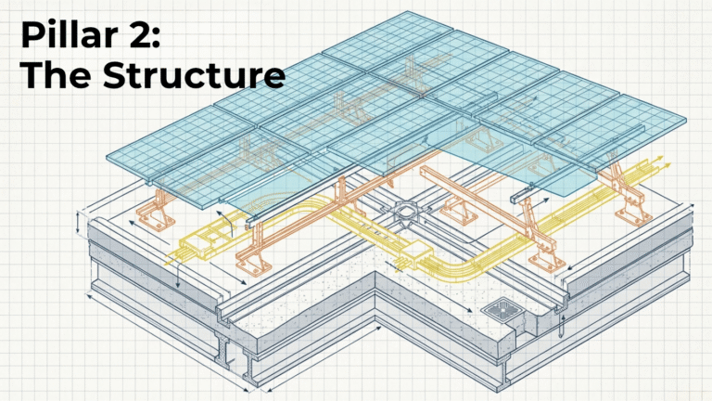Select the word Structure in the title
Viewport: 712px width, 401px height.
point(194,74)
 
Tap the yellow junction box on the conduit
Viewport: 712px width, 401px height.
point(418,253)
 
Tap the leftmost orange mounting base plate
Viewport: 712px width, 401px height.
point(157,221)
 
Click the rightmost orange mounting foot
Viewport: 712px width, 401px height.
point(632,214)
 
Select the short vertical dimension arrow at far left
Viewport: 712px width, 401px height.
point(79,223)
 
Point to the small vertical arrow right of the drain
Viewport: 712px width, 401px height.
point(563,324)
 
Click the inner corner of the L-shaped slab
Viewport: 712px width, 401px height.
point(375,272)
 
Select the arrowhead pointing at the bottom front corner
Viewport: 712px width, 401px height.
point(247,389)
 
